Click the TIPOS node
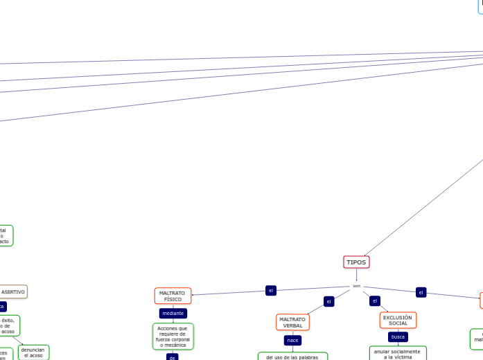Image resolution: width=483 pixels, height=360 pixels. coord(356,262)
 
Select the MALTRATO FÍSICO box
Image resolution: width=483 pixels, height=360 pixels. coord(173,296)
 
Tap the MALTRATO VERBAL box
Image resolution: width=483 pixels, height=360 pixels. coord(292,323)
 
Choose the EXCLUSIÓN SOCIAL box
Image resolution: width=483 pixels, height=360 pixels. coord(398,320)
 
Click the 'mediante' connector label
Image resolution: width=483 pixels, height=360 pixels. coord(173,313)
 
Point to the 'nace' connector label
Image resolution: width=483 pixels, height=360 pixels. coord(292,340)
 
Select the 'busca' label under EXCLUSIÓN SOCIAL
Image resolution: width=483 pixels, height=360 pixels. coord(398,336)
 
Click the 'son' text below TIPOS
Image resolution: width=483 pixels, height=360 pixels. coord(356,285)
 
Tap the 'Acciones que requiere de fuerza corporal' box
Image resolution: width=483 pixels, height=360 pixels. coord(173,336)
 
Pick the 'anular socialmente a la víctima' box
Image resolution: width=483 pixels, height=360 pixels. coord(397,354)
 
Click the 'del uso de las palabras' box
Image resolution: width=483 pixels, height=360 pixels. coord(292,357)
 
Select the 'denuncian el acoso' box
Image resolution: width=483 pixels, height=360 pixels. coord(33,352)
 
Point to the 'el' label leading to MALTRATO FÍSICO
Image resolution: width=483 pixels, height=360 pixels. coord(271,290)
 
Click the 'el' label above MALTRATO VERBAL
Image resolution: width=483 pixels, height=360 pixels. coord(329,301)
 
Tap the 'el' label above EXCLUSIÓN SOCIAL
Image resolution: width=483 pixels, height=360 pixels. coord(375,300)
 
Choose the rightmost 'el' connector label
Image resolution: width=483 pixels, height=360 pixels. coord(421,292)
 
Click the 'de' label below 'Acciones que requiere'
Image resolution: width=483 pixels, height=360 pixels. coord(173,357)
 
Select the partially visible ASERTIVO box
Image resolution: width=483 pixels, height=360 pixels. coord(12,291)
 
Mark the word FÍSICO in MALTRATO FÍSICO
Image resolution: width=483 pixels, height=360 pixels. coord(173,300)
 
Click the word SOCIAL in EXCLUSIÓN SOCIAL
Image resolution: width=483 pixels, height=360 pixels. coord(398,323)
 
